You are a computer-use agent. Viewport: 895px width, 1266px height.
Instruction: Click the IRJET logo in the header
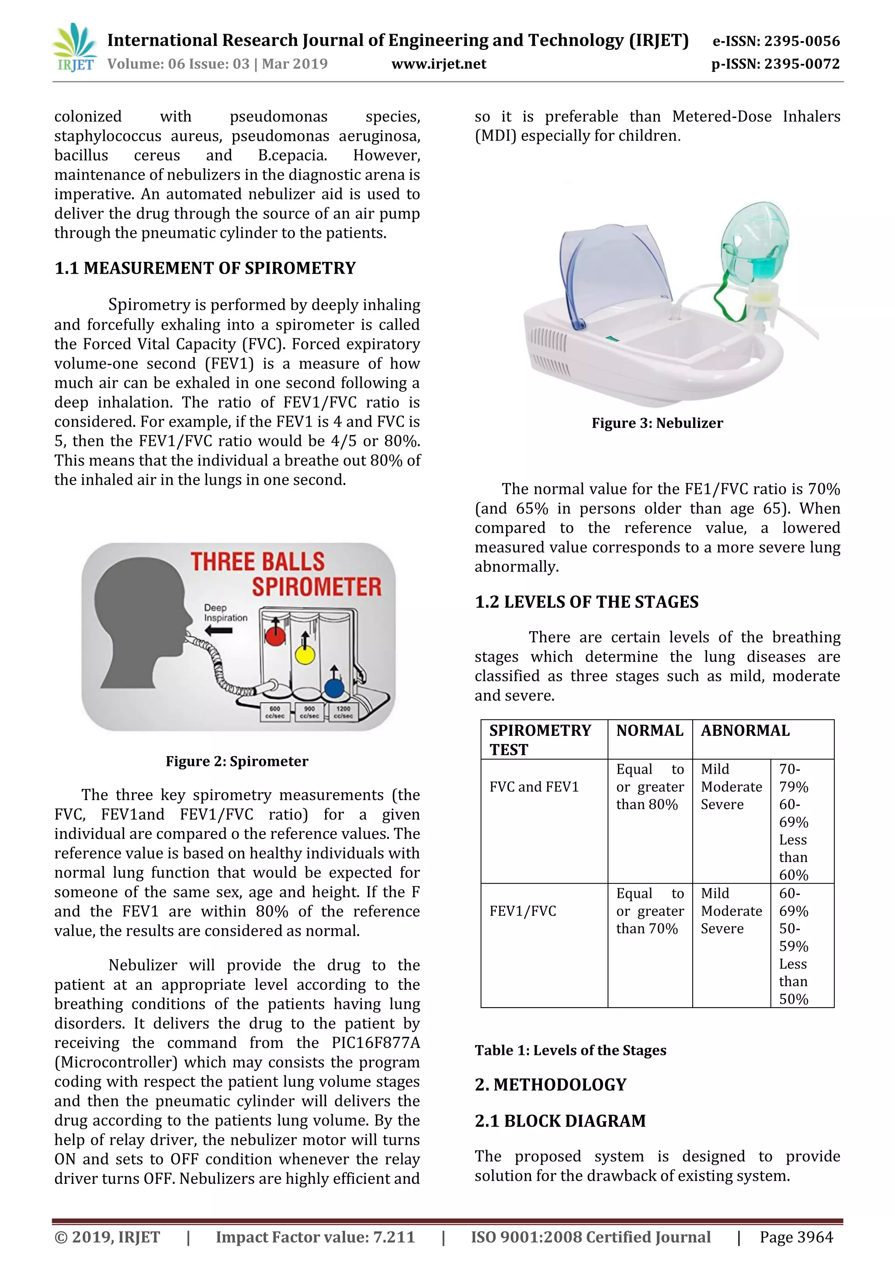(x=74, y=49)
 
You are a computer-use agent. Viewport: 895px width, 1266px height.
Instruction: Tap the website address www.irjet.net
(x=439, y=64)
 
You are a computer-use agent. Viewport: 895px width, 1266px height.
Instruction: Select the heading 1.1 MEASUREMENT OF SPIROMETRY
(x=205, y=268)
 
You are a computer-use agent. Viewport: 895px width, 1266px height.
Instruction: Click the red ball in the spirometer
(x=275, y=636)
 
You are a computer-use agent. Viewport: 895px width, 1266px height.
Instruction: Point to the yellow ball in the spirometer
(x=305, y=655)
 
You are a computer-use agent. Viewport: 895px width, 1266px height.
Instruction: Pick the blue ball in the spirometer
(x=334, y=688)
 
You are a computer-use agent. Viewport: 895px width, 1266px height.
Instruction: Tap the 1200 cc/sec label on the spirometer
(x=343, y=712)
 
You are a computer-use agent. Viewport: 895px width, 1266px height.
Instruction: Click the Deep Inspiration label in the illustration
(x=225, y=612)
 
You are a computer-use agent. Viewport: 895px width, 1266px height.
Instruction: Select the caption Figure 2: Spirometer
(x=237, y=761)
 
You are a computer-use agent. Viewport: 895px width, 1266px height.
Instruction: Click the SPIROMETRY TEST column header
(x=540, y=739)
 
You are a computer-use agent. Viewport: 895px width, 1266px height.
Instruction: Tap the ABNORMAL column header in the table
(x=745, y=730)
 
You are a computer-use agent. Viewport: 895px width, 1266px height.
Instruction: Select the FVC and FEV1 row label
(x=534, y=787)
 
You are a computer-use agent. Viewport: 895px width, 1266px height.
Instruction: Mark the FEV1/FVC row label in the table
(x=523, y=911)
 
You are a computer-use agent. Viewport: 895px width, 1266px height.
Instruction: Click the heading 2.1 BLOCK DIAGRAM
(x=560, y=1121)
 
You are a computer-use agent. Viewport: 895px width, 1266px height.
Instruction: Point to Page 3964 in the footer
(x=796, y=1237)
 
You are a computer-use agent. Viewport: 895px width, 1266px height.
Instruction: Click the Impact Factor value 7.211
(x=315, y=1237)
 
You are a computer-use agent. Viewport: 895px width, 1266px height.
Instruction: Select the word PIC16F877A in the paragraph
(x=376, y=1043)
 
